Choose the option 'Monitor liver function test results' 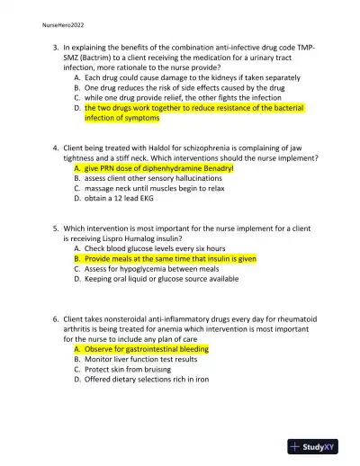(141, 359)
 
